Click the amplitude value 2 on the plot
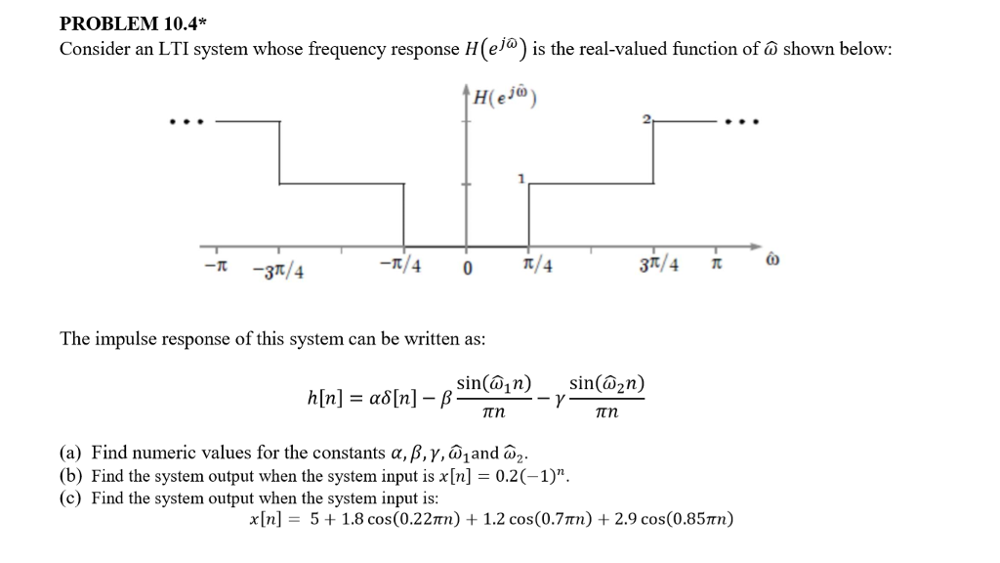click(646, 119)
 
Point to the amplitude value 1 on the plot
click(521, 179)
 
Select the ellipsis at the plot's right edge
click(743, 123)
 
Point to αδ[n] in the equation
click(395, 399)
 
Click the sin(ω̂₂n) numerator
click(606, 383)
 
